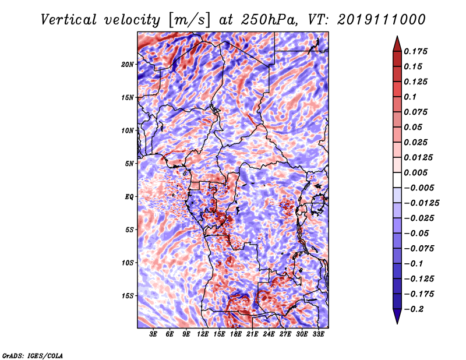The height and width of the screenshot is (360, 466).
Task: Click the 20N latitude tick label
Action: coord(128,65)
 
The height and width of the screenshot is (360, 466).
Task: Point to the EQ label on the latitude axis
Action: coord(129,197)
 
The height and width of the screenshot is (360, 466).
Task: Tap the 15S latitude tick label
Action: coord(128,296)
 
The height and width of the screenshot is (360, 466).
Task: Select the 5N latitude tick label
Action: coord(129,164)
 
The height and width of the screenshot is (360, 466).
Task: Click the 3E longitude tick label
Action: coord(153,334)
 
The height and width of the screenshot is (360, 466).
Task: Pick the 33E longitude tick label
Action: coord(318,334)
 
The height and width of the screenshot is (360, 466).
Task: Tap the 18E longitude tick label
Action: coord(236,334)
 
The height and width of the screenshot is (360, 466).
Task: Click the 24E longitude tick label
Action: coord(269,334)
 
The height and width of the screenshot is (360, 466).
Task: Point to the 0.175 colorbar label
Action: coord(415,51)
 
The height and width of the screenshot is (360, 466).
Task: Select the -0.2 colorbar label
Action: coord(414,309)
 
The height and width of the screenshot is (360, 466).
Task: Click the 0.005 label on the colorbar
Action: coord(415,172)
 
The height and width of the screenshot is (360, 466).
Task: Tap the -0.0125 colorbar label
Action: coord(421,203)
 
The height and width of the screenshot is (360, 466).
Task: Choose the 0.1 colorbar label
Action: coord(410,97)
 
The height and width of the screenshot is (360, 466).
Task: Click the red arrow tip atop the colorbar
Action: coord(397,37)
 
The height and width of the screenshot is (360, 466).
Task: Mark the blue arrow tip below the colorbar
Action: coord(397,323)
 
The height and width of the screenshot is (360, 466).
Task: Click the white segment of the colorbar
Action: coord(397,180)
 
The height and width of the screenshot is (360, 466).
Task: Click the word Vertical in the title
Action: coord(69,20)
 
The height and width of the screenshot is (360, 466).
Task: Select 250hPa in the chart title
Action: coord(269,20)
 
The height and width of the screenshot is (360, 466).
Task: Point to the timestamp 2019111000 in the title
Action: coord(382,20)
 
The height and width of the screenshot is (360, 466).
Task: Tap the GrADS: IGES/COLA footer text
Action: coord(33,356)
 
